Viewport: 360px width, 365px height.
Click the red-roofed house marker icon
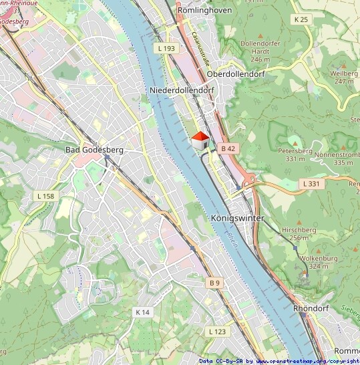(x=200, y=141)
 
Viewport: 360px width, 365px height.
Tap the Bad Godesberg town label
(x=94, y=150)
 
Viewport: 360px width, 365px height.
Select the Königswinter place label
(x=237, y=219)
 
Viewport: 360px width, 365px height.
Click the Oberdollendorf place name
(x=236, y=74)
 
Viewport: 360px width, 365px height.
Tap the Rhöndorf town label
(x=313, y=309)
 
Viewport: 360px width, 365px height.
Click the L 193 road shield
(x=166, y=49)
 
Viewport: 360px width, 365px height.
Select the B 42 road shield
(x=228, y=148)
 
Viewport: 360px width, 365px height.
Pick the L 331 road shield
(x=310, y=183)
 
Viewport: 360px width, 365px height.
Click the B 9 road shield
(x=214, y=283)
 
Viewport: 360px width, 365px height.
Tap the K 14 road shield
(x=142, y=312)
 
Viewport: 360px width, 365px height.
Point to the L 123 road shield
(x=217, y=332)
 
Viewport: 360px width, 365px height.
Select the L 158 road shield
(x=46, y=196)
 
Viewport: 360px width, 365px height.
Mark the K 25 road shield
(x=301, y=19)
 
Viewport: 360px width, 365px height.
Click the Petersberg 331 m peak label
(x=295, y=155)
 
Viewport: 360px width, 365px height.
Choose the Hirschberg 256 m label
(x=299, y=233)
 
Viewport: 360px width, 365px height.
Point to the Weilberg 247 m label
(x=344, y=77)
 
